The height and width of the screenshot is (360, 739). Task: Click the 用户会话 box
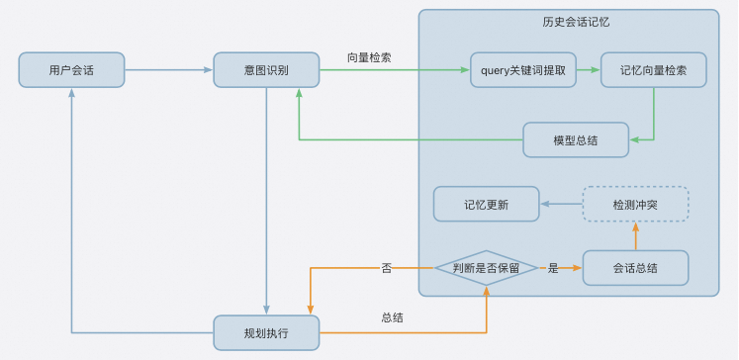(x=71, y=70)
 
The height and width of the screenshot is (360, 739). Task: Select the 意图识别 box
(x=266, y=70)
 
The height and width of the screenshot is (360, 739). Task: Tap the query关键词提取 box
(x=522, y=70)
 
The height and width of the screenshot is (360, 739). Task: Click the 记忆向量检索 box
(x=653, y=70)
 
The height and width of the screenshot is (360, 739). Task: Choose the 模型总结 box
(x=575, y=139)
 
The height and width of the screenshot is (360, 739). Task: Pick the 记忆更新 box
(x=486, y=205)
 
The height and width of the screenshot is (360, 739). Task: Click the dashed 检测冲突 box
(x=635, y=205)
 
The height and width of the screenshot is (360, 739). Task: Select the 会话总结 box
(x=635, y=268)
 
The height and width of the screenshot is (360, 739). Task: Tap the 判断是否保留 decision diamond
(x=486, y=268)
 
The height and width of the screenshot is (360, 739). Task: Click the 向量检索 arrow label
(x=368, y=57)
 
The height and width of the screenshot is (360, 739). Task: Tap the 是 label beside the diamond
(x=553, y=268)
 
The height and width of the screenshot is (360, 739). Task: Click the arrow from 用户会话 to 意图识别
(x=168, y=70)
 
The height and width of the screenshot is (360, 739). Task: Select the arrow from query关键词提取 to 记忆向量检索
(x=589, y=70)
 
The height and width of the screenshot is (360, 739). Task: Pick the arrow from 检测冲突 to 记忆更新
(x=561, y=205)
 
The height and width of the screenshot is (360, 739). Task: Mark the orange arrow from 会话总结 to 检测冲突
(x=635, y=235)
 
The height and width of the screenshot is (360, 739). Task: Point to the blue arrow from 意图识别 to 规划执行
(x=266, y=198)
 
